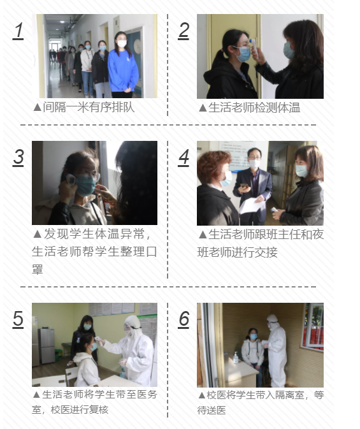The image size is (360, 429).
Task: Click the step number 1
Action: coord(18,31)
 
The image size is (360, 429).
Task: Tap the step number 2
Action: coord(184,31)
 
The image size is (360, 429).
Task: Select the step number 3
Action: coord(18,157)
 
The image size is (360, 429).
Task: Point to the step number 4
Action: coord(184,157)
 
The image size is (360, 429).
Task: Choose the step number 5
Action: coord(18,319)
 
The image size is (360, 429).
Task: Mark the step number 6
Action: coord(184,319)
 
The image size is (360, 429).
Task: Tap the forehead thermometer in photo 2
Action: coord(254,48)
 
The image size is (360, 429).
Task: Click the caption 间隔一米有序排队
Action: coord(89,107)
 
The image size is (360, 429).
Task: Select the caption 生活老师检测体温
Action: coord(254,108)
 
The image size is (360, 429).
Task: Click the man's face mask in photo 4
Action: coord(254,164)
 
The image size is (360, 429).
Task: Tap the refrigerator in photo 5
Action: coord(47,346)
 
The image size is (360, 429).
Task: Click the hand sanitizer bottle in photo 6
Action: coord(236,358)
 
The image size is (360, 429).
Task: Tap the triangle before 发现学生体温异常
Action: coord(38,234)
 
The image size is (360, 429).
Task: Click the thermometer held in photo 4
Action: coord(275,210)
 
